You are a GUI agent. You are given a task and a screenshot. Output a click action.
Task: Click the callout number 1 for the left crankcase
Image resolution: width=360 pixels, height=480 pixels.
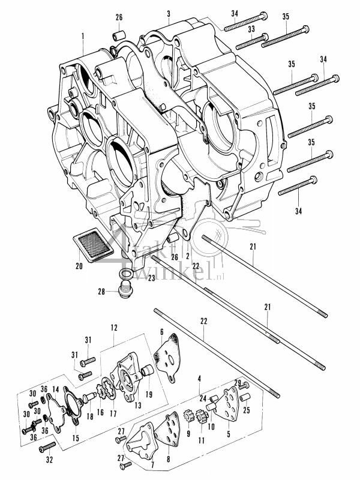(x=82, y=36)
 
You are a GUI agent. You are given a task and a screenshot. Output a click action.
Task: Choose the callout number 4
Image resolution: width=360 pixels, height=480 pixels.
(x=199, y=378)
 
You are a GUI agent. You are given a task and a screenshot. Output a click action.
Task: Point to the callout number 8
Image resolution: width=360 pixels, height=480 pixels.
(x=167, y=459)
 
